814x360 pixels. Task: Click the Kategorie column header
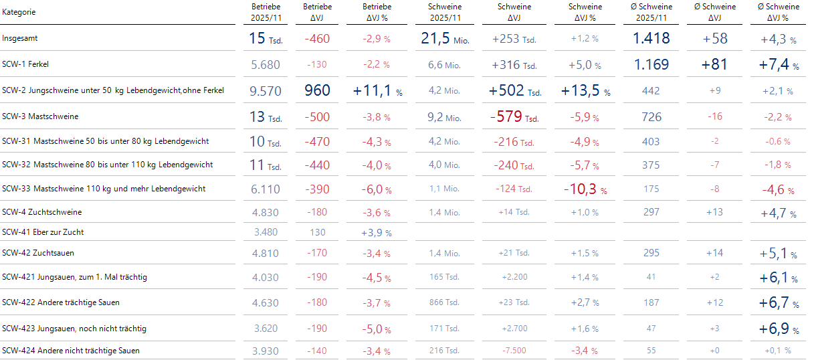[19, 13]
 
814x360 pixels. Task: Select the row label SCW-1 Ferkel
[25, 65]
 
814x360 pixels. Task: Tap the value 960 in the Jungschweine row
[317, 90]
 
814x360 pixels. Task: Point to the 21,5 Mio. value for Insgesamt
[445, 39]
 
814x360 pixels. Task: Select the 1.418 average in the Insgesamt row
[651, 39]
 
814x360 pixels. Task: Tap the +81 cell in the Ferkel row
[715, 65]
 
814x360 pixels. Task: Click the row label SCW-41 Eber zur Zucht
[43, 232]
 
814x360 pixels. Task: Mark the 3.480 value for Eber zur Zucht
[266, 232]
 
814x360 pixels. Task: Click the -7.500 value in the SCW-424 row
[514, 351]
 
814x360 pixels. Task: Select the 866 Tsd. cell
[444, 302]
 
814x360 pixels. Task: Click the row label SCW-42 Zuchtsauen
[38, 254]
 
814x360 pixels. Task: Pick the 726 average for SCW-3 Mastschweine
[651, 117]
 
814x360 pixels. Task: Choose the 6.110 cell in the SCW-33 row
[266, 189]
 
